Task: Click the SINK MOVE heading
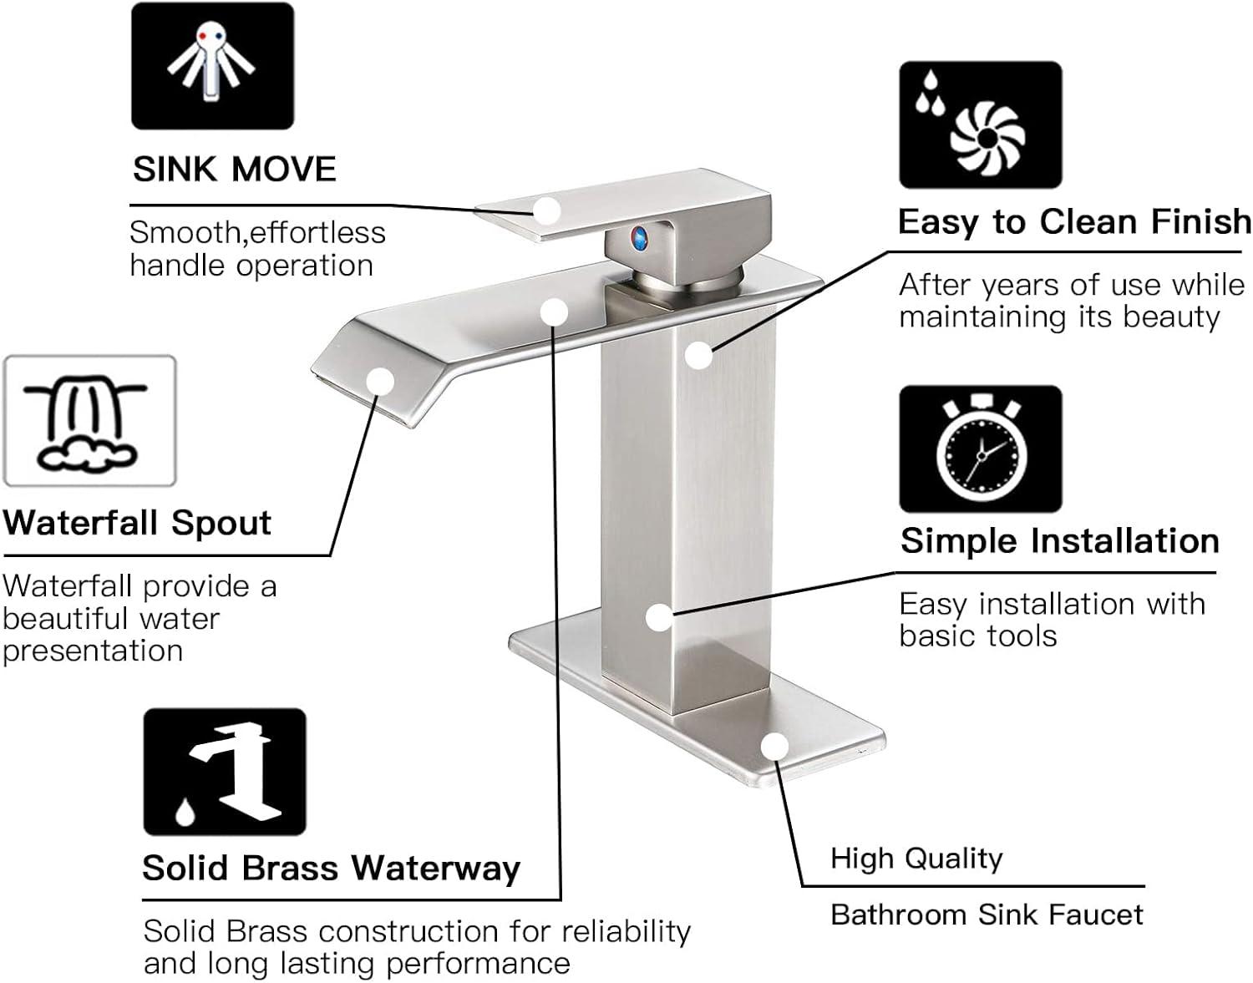[x=234, y=170]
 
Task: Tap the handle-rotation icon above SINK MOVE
[x=212, y=66]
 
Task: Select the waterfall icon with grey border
[x=90, y=421]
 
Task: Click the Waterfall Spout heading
[x=137, y=524]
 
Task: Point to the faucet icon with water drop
[x=225, y=772]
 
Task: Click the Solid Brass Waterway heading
[x=331, y=869]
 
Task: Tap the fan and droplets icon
[x=980, y=124]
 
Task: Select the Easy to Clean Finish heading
[x=1074, y=222]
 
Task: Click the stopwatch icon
[x=980, y=449]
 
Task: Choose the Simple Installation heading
[x=1059, y=541]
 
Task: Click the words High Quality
[x=916, y=859]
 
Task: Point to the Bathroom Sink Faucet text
[x=987, y=915]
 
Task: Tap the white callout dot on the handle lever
[x=547, y=210]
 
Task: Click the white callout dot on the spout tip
[x=380, y=382]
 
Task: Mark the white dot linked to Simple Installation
[x=659, y=618]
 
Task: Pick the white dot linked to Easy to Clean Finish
[x=698, y=355]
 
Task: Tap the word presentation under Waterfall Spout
[x=93, y=651]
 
